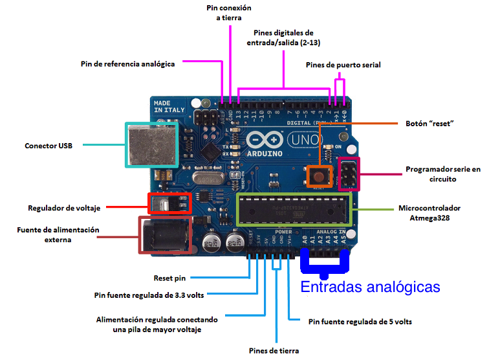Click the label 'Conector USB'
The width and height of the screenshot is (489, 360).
point(49,146)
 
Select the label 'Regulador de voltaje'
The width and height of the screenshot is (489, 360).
point(64,208)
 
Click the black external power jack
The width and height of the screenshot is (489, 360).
point(164,234)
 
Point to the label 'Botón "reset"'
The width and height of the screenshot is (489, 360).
point(429,122)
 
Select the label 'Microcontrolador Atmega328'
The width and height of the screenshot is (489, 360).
point(429,213)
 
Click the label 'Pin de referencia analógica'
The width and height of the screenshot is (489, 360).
point(127,64)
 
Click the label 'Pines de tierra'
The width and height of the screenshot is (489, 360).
point(274,350)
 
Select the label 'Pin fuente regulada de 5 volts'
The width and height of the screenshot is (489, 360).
point(360,321)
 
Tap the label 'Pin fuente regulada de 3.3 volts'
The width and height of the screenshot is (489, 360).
point(149,295)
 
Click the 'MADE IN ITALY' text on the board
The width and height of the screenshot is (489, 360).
point(169,107)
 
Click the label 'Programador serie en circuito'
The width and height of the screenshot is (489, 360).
point(443,174)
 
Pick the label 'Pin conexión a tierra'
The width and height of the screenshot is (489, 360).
point(228,13)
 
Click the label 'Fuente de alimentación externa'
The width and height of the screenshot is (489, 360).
point(58,234)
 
